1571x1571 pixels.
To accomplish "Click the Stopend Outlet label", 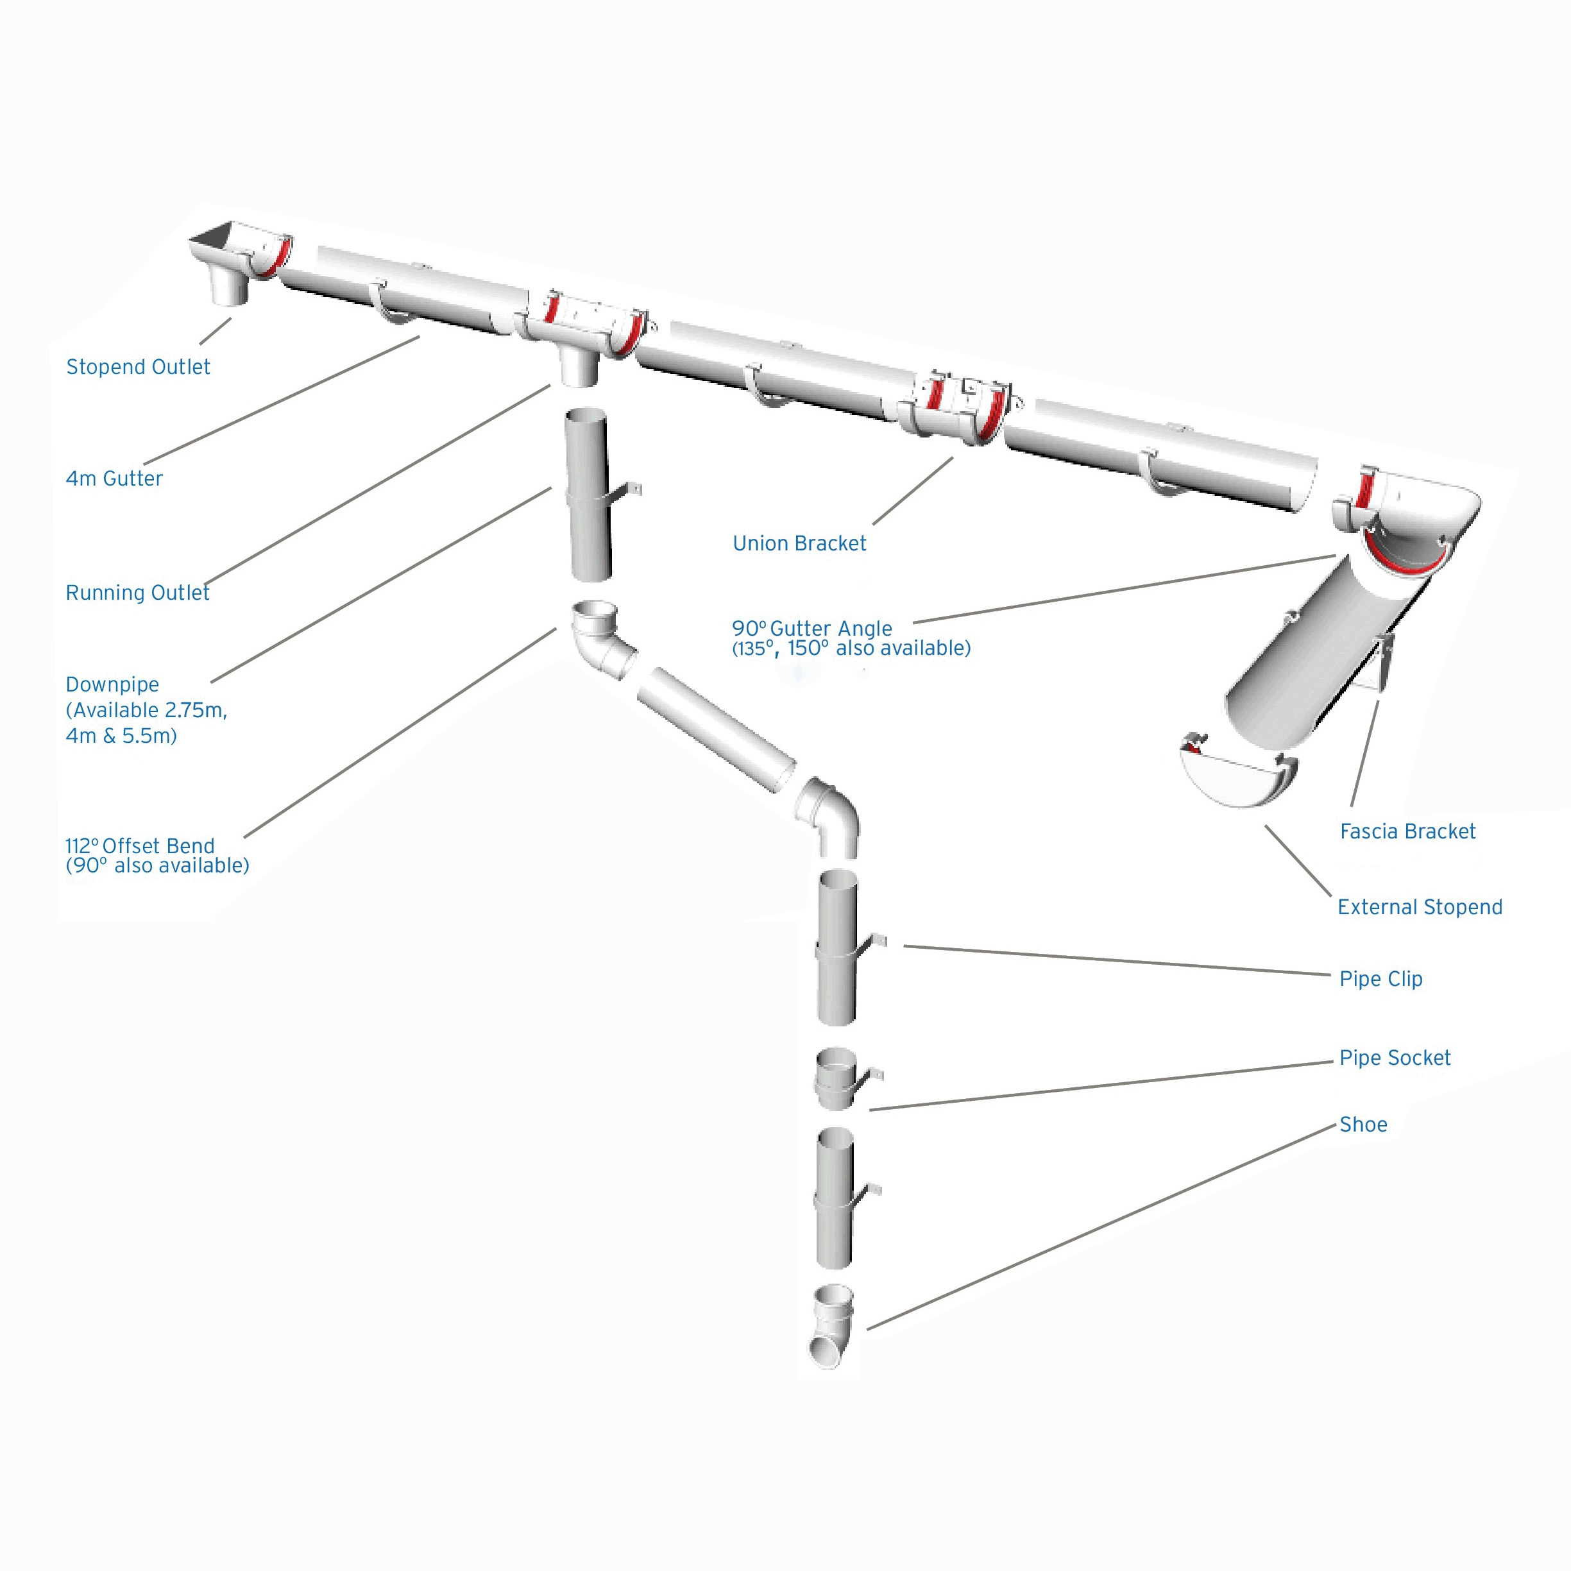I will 137,367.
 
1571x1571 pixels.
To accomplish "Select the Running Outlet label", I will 137,593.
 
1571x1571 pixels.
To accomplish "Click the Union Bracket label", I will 799,543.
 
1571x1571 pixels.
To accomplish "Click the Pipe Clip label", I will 1380,978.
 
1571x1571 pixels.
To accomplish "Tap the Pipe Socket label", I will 1394,1058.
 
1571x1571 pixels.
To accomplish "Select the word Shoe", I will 1363,1125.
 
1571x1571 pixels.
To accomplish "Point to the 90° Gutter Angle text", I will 811,629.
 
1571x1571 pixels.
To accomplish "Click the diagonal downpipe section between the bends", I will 715,729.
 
